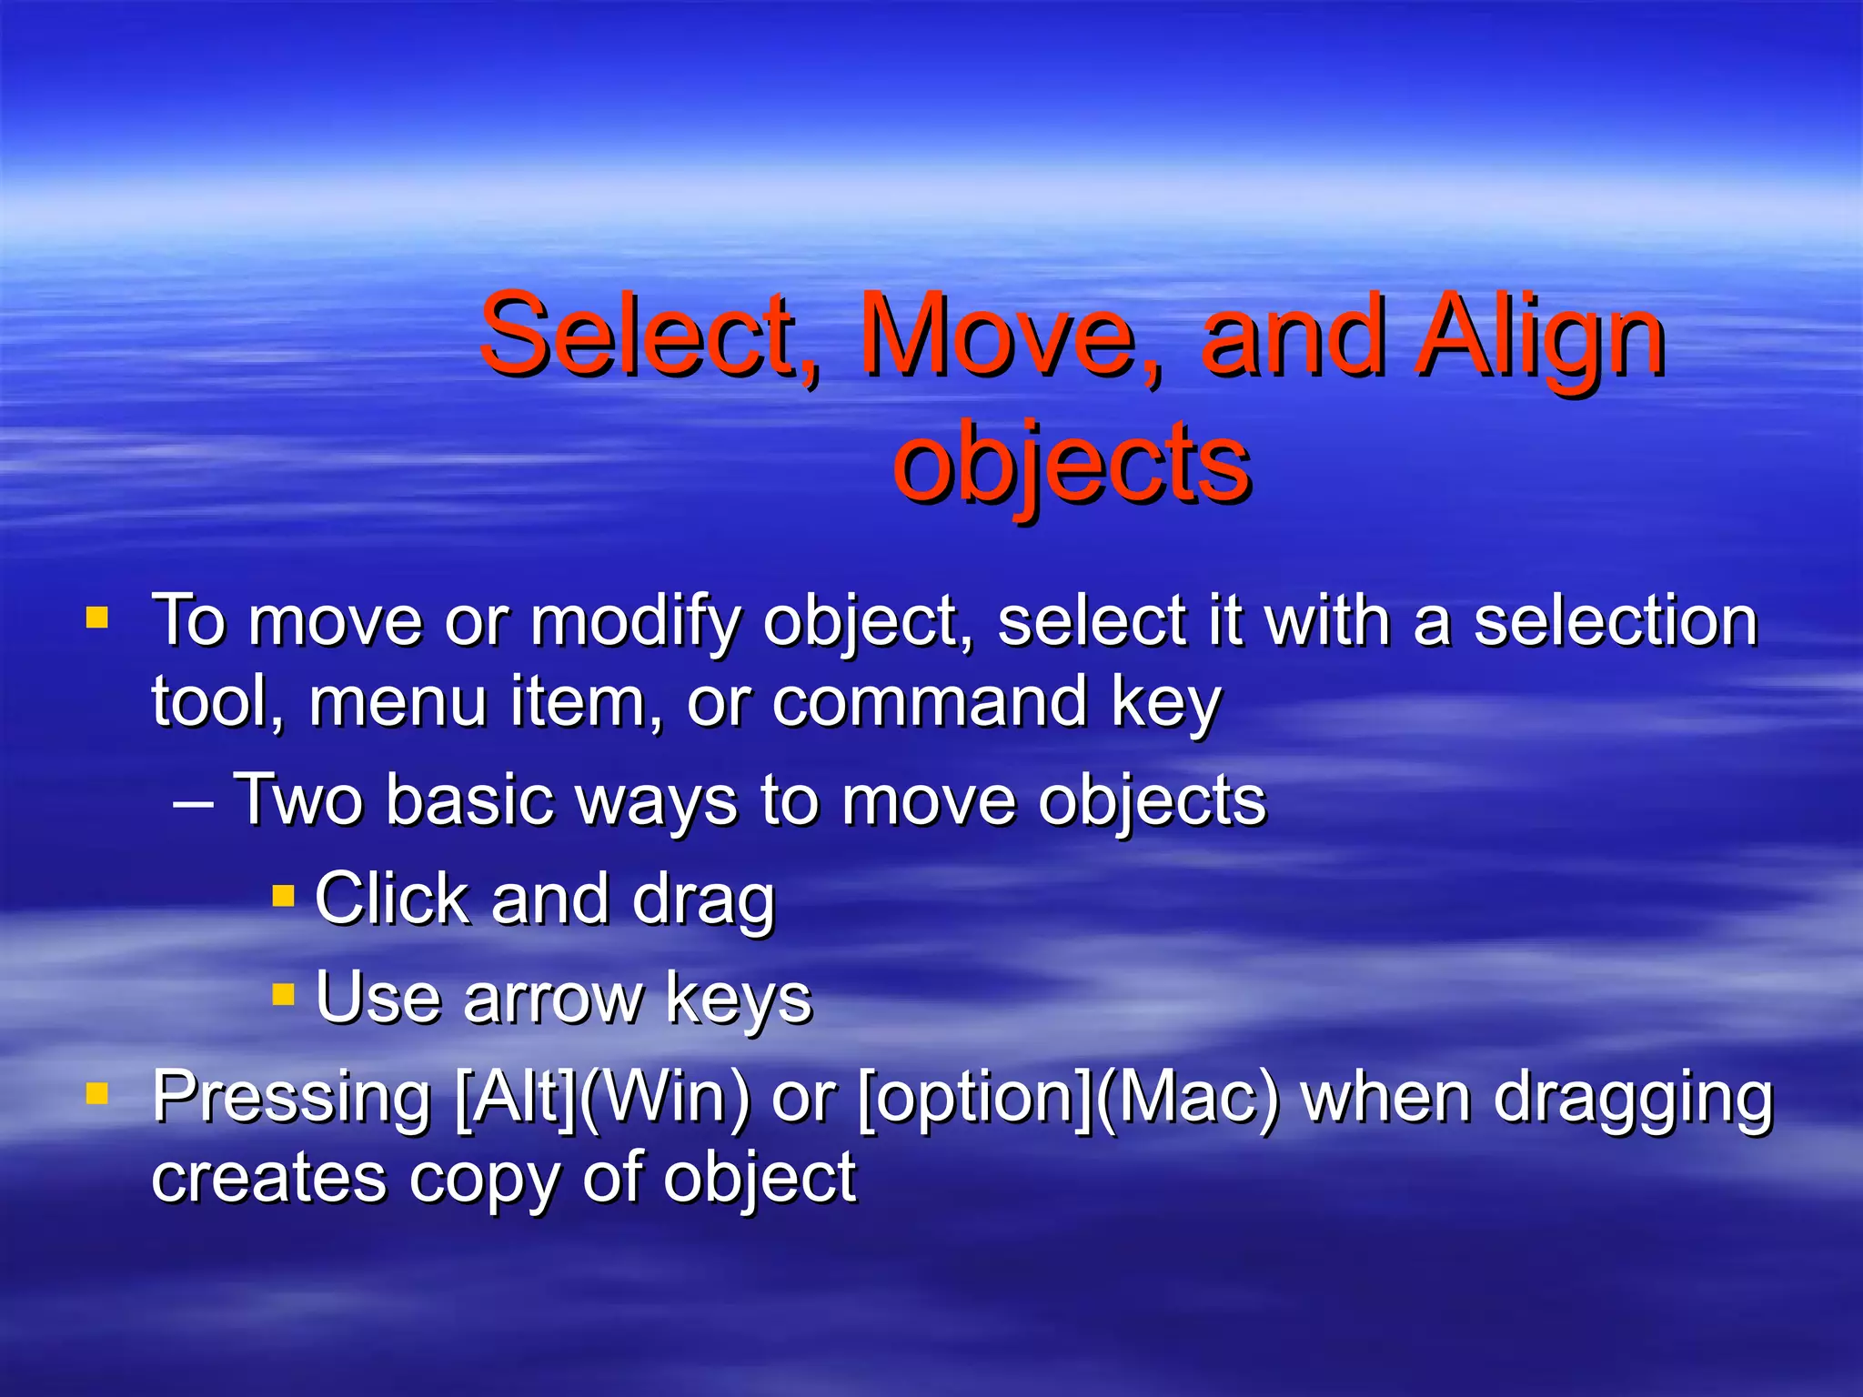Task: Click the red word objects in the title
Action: pos(1071,464)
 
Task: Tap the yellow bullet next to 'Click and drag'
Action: pos(284,896)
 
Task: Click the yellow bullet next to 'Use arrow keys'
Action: pos(284,994)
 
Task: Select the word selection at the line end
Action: pos(1615,622)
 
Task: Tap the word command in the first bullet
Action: pos(929,702)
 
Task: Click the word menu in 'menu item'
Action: pos(397,702)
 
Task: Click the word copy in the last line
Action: pos(482,1179)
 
